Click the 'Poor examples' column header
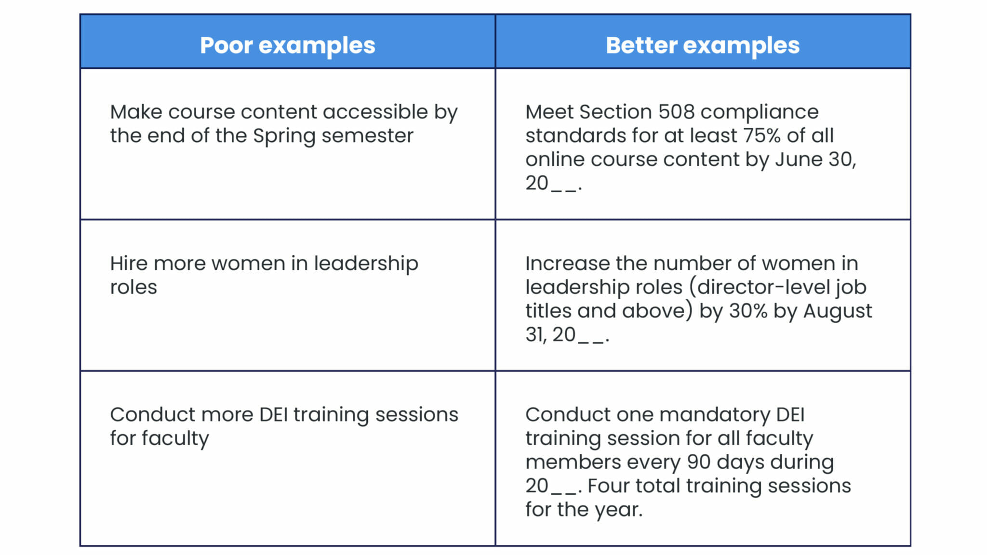[x=287, y=46]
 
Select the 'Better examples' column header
[x=702, y=46]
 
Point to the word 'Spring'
[x=284, y=136]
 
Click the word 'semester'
[x=367, y=135]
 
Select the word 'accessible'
[x=375, y=112]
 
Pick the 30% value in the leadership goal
[x=748, y=311]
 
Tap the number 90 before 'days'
[x=699, y=462]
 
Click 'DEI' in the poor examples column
[x=273, y=414]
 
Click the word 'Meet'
[x=549, y=112]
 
